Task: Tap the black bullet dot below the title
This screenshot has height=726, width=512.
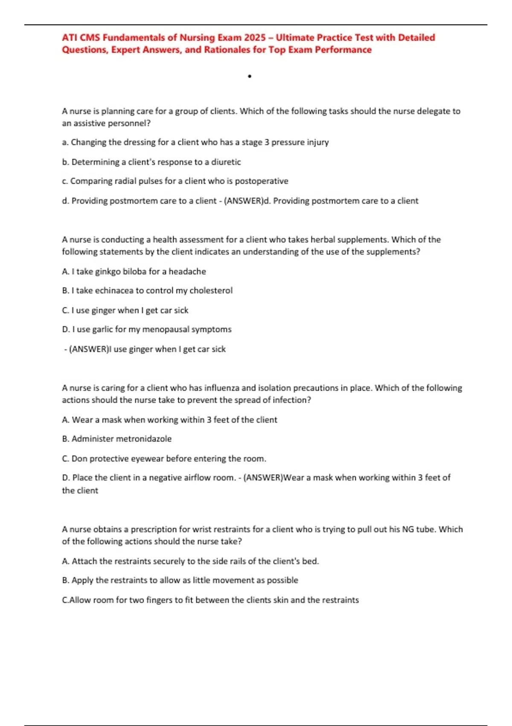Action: tap(250, 76)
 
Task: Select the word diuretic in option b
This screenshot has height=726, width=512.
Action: tap(226, 162)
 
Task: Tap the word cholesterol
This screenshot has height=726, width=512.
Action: tap(211, 290)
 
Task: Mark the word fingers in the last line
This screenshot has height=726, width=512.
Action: tap(159, 600)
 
